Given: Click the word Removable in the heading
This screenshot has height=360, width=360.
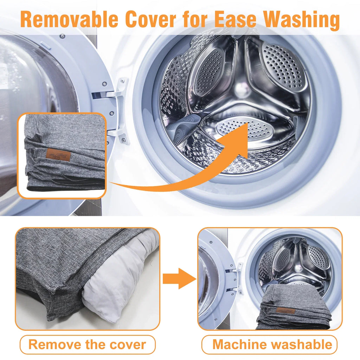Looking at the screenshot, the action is tap(69, 19).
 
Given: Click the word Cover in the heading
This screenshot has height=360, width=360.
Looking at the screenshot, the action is tap(150, 19).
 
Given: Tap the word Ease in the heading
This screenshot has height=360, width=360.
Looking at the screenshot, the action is tap(235, 19).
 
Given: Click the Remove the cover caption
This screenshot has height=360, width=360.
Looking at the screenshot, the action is tap(87, 345).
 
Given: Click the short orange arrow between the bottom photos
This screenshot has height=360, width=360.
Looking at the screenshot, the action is tap(179, 278).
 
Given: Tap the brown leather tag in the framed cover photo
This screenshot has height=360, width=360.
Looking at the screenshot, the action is tap(58, 154).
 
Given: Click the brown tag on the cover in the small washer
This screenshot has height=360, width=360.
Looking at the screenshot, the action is tap(285, 311).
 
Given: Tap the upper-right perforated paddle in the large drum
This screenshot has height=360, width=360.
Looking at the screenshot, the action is tap(284, 66).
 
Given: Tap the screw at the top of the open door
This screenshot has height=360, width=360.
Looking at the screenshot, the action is tap(62, 36).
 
